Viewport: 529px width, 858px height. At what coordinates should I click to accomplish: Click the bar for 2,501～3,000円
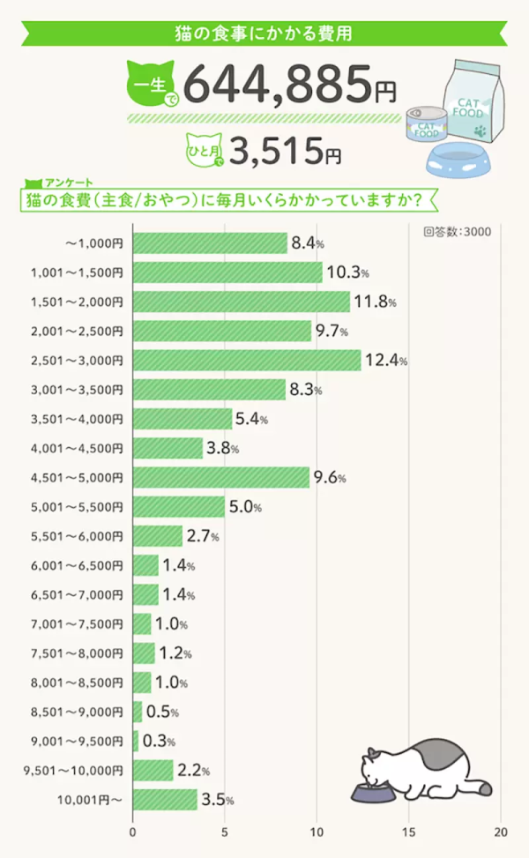pos(247,360)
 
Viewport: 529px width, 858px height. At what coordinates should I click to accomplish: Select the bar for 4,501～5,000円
pos(220,477)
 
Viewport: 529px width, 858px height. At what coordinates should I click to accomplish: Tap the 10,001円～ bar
pos(165,800)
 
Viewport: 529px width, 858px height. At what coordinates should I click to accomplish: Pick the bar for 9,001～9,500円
pos(135,741)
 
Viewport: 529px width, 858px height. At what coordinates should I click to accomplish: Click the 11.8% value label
pos(375,302)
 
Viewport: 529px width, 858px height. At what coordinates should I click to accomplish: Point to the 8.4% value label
pos(309,242)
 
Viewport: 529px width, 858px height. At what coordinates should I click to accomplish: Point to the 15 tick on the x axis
pos(409,832)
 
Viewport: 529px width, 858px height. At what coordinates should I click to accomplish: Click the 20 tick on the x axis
pos(501,832)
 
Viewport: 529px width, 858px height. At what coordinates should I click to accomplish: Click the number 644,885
pos(279,86)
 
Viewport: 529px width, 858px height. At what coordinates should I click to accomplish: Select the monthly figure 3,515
pos(273,152)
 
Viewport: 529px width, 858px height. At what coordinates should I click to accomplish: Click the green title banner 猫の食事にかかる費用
pos(264,34)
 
